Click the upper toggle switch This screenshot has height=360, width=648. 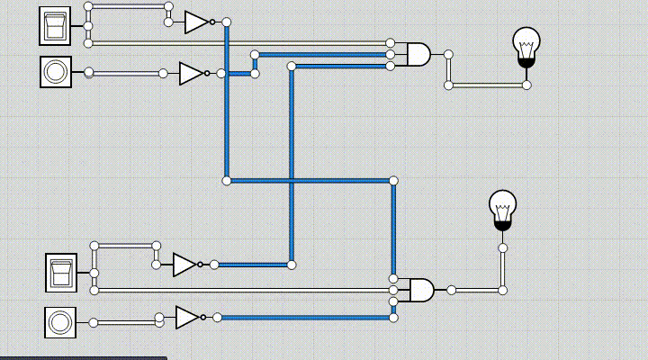pyautogui.click(x=55, y=25)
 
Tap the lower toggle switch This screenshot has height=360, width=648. pyautogui.click(x=61, y=273)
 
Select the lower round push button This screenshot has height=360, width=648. pyautogui.click(x=60, y=322)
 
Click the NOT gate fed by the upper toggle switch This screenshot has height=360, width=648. pyautogui.click(x=196, y=22)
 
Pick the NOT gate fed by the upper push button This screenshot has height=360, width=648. pyautogui.click(x=191, y=73)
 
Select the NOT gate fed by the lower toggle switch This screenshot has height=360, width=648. pyautogui.click(x=184, y=265)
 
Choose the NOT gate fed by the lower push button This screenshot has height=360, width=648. pyautogui.click(x=187, y=317)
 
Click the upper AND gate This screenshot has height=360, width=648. pyautogui.click(x=418, y=55)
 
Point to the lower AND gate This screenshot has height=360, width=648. pyautogui.click(x=420, y=290)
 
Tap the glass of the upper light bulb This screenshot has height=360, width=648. pyautogui.click(x=526, y=41)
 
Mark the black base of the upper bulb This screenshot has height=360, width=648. pyautogui.click(x=526, y=62)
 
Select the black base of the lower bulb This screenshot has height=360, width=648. pyautogui.click(x=502, y=226)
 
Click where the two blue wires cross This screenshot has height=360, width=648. pyautogui.click(x=291, y=181)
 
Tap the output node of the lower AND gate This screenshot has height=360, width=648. pyautogui.click(x=451, y=290)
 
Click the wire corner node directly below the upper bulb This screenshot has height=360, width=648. pyautogui.click(x=526, y=85)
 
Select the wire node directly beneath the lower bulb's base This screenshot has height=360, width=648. pyautogui.click(x=502, y=247)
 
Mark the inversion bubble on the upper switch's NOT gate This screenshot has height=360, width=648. pyautogui.click(x=213, y=22)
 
